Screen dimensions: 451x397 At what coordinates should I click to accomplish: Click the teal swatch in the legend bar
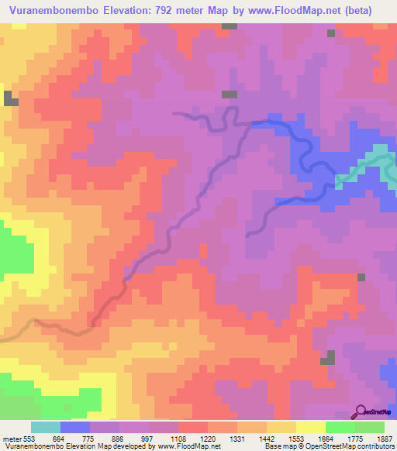(x=46, y=427)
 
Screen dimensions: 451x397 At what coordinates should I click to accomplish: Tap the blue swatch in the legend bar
(x=75, y=427)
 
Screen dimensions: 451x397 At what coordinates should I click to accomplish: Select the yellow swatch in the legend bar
(x=311, y=427)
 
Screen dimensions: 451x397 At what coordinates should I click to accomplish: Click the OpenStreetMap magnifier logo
(x=361, y=411)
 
